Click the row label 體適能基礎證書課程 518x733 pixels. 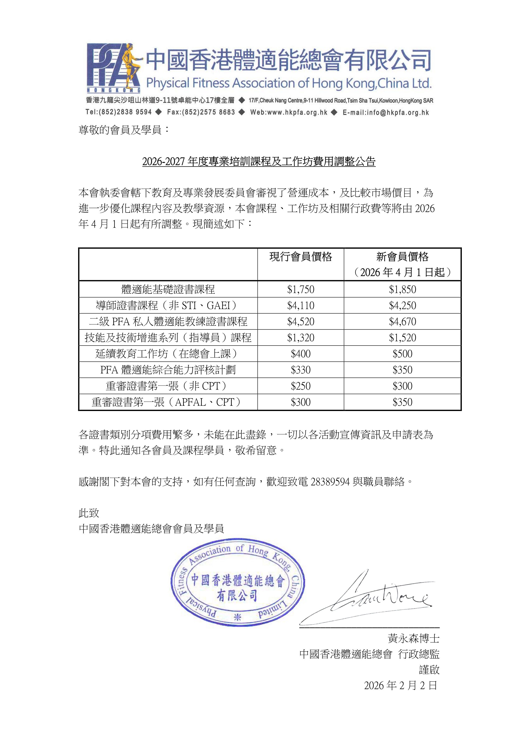pyautogui.click(x=168, y=289)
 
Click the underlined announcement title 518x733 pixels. pyautogui.click(x=259, y=162)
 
